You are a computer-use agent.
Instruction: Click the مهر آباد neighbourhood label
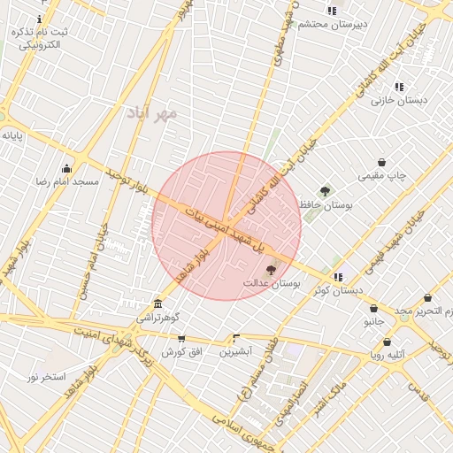point(152,113)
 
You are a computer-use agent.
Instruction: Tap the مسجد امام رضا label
point(66,181)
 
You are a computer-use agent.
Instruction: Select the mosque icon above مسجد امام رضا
point(66,168)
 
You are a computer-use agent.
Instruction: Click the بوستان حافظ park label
point(326,204)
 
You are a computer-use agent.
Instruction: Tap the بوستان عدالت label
point(272,283)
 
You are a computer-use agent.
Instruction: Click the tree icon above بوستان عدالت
point(270,270)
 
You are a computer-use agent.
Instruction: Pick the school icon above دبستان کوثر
point(338,277)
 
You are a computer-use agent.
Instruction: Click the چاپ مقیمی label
point(382,176)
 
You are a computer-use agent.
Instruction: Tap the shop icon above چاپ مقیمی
point(381,163)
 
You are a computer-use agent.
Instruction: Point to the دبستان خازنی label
point(399,100)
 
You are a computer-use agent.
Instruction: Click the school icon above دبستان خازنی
point(400,87)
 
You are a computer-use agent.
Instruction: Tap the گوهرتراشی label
point(157,316)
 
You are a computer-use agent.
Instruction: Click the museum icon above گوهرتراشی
point(157,303)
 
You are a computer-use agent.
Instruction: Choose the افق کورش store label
point(182,351)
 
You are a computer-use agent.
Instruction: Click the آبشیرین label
point(236,351)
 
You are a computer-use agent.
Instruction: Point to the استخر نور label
point(46,377)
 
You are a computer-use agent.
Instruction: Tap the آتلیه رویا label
point(388,355)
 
